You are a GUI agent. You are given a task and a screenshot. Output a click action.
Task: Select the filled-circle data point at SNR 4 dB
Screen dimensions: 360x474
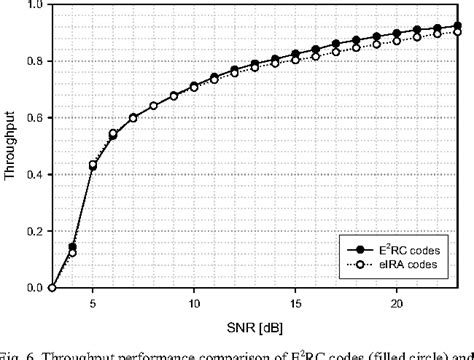[x=72, y=247]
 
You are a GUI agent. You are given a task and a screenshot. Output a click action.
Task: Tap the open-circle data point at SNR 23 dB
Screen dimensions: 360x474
[x=459, y=32]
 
